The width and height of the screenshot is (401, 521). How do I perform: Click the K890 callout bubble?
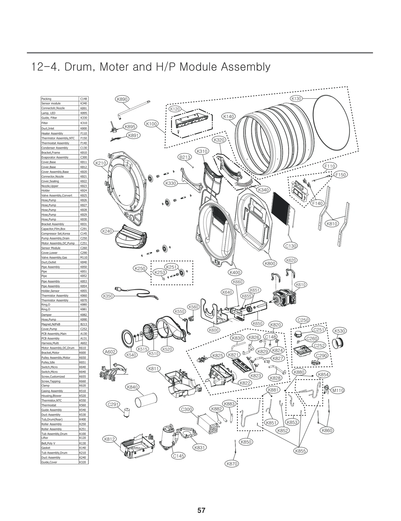(x=122, y=99)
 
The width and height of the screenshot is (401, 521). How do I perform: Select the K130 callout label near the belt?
(x=296, y=99)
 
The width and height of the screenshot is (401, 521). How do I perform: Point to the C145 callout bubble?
(x=178, y=456)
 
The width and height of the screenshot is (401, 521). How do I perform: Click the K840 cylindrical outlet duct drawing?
(x=146, y=400)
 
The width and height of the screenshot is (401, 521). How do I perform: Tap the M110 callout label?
(x=338, y=390)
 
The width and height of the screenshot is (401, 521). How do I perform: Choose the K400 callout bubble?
(x=235, y=272)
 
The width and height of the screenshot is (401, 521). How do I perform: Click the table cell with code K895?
(x=83, y=113)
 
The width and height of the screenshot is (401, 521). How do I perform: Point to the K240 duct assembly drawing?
(x=131, y=237)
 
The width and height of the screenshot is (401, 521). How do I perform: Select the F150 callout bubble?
(x=341, y=175)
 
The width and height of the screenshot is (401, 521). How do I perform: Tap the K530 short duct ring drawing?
(x=338, y=343)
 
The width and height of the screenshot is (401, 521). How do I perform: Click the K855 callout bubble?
(x=300, y=451)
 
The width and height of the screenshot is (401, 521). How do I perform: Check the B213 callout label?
(x=185, y=157)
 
